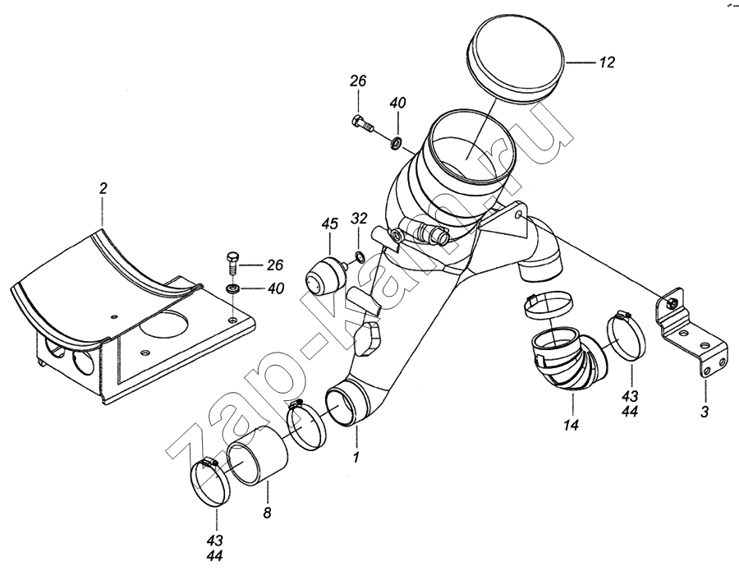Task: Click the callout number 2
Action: [x=103, y=189]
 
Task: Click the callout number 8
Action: [x=266, y=514]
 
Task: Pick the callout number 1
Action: [x=356, y=455]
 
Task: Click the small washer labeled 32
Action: [x=359, y=261]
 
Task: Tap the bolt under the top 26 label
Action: [x=362, y=124]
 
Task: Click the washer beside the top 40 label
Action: [x=396, y=145]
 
